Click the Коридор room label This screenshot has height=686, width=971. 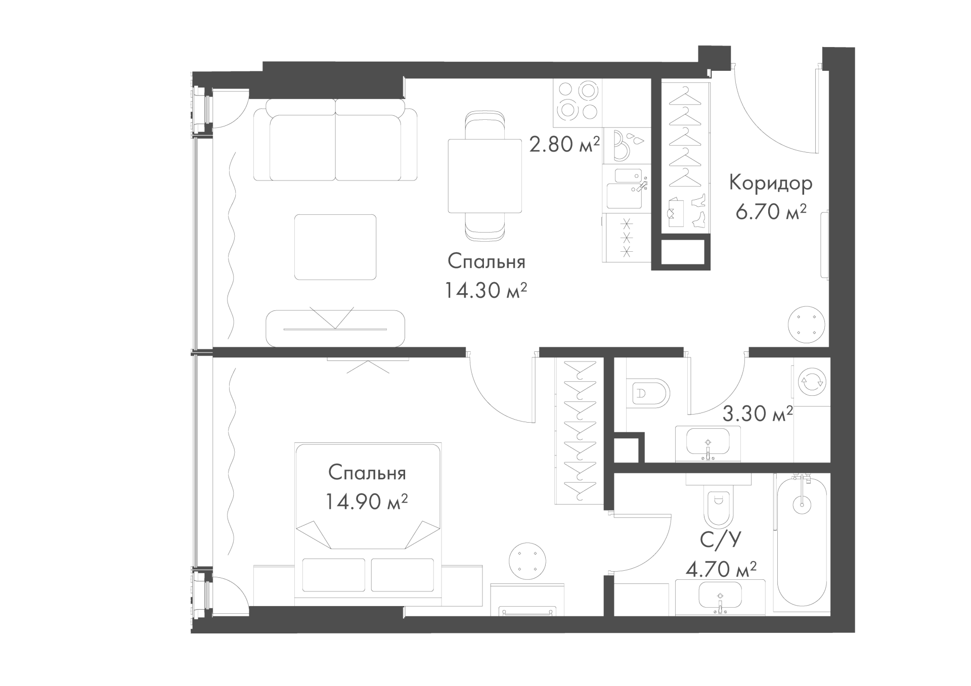[770, 184]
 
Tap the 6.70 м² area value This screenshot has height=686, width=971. [770, 212]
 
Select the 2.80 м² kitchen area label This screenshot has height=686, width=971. [564, 145]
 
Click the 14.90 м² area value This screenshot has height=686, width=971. [367, 502]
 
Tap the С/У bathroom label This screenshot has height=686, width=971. [721, 540]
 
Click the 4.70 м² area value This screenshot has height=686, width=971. [721, 570]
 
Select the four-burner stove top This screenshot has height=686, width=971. [578, 103]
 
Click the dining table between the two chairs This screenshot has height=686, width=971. [485, 176]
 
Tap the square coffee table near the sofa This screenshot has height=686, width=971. [335, 247]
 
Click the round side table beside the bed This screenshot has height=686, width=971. [527, 561]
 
